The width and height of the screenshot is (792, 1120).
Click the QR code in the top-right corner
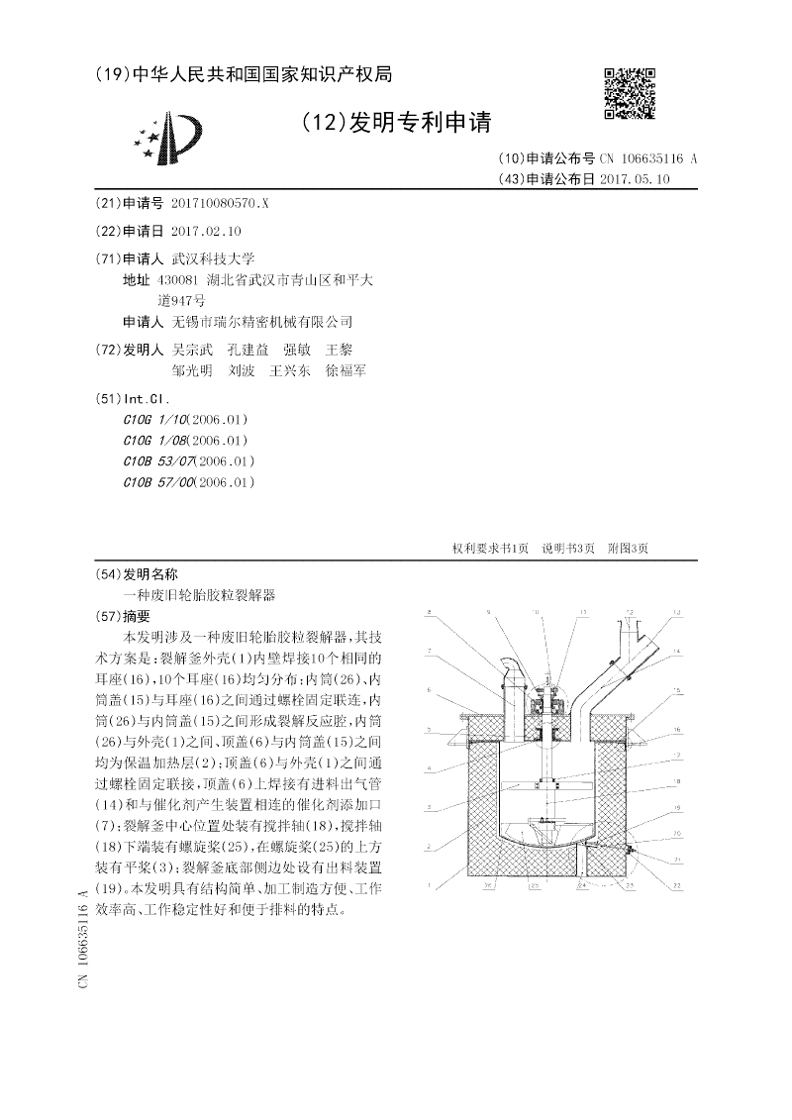(x=629, y=92)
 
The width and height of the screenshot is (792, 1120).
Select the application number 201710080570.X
(x=220, y=203)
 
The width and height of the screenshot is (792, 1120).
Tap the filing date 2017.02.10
(x=206, y=231)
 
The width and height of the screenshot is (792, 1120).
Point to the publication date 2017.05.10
(x=635, y=179)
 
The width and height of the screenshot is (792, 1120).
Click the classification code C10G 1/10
(x=151, y=419)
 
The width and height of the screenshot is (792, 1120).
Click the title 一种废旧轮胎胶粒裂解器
(x=198, y=594)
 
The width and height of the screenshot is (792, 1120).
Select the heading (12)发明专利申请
(x=397, y=123)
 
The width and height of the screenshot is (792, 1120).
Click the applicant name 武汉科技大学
(x=213, y=258)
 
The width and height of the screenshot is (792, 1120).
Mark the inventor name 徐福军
(x=346, y=370)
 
